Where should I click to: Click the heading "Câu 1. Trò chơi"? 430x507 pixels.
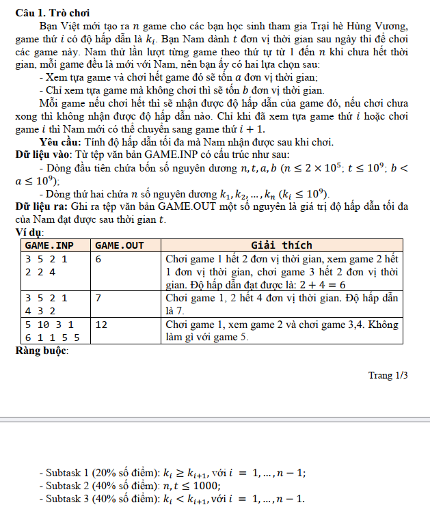tap(52, 12)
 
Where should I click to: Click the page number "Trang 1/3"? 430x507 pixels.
tap(388, 375)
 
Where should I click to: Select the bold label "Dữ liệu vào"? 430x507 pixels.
tap(44, 155)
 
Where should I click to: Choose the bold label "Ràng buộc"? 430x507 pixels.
tap(41, 351)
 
